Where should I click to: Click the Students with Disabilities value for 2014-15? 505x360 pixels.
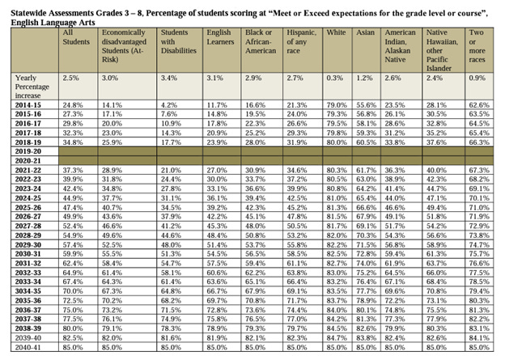(168, 105)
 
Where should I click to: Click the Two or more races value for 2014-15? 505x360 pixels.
(479, 105)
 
